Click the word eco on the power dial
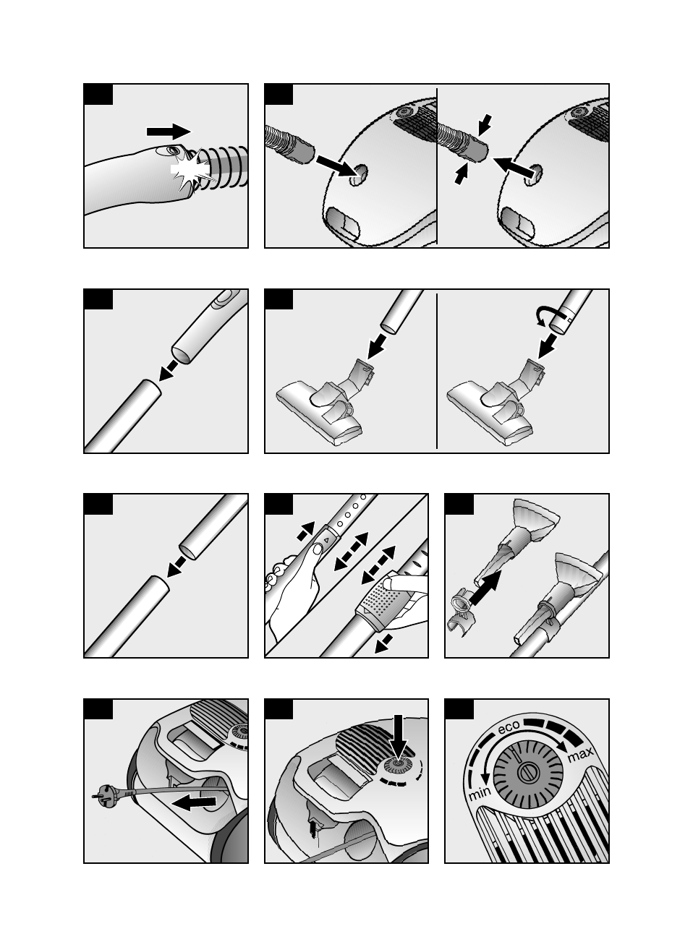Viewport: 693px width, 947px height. pos(509,728)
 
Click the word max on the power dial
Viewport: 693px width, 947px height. pos(580,755)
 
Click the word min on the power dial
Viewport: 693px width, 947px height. pos(480,794)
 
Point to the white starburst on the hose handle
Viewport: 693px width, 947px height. pos(190,170)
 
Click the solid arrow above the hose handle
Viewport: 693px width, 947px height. pos(169,132)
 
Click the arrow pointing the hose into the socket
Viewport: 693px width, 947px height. pos(337,166)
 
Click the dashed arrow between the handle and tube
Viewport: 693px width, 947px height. pos(169,371)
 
